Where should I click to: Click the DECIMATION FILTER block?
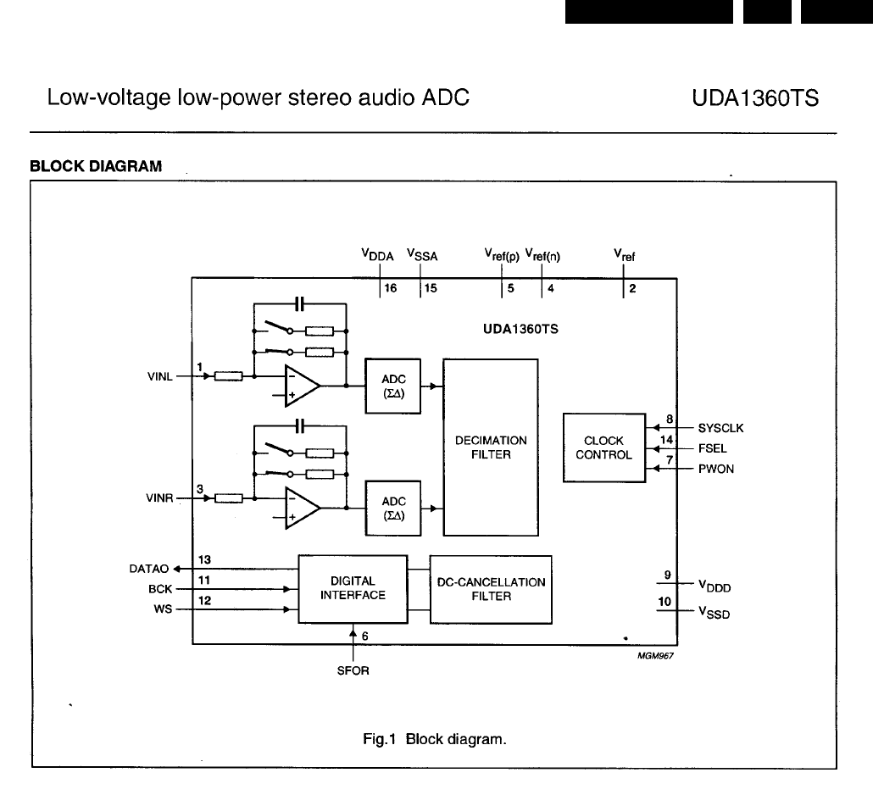491,447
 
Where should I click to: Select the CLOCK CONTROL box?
604,448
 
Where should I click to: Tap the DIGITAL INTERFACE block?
353,588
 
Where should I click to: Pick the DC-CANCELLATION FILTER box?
491,589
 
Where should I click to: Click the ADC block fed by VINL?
393,386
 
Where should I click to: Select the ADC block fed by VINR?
393,508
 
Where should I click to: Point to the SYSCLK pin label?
720,428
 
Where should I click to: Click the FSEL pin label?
712,448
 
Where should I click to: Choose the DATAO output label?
148,569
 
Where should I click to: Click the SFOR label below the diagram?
353,670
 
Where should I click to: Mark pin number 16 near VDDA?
390,289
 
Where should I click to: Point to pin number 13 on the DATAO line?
204,559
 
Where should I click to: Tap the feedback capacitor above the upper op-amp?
299,303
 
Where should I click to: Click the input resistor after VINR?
229,498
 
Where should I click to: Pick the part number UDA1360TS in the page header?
756,98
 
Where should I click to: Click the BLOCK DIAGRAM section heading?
96,166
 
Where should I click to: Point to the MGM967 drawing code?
643,655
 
